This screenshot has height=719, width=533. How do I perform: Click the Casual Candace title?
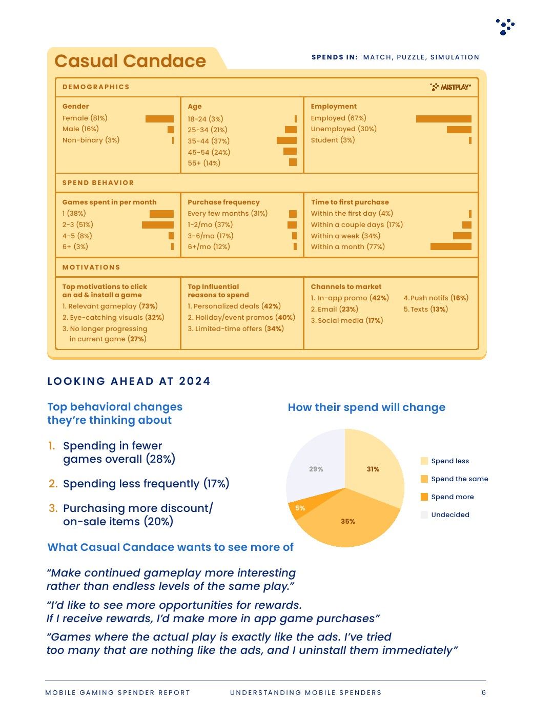click(130, 61)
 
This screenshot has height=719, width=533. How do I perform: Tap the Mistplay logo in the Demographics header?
click(450, 87)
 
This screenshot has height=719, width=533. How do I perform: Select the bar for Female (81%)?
click(159, 119)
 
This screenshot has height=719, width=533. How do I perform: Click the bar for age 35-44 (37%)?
click(286, 140)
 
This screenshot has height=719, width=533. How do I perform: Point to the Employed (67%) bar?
click(443, 119)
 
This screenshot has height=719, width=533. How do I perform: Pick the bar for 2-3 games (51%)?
click(158, 224)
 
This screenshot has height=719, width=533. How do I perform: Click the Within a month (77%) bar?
click(451, 246)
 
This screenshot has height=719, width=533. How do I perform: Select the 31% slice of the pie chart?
click(373, 468)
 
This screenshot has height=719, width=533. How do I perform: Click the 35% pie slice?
click(348, 520)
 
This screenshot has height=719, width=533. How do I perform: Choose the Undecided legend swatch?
click(424, 515)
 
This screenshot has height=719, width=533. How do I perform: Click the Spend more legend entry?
click(447, 497)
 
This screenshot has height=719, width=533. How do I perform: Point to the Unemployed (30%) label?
click(344, 129)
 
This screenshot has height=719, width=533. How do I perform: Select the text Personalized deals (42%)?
click(234, 306)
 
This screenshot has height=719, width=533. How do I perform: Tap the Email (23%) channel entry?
click(335, 309)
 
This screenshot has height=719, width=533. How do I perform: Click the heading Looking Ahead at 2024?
click(129, 381)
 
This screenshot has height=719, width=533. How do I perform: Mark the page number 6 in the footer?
click(484, 693)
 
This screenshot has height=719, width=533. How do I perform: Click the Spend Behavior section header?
click(98, 182)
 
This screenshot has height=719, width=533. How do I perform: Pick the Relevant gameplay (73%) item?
click(110, 306)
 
